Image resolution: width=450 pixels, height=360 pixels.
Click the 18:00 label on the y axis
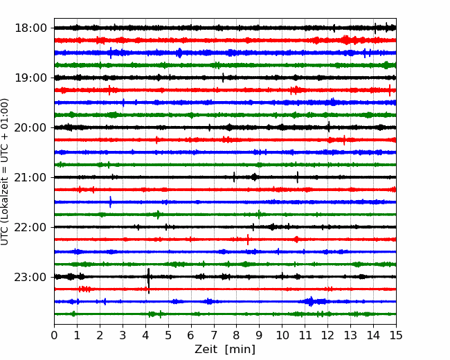30,28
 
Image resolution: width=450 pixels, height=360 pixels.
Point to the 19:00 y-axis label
30,78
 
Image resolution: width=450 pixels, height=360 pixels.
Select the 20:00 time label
30,127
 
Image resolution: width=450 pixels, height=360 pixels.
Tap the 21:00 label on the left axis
30,177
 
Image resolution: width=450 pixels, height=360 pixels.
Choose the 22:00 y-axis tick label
30,227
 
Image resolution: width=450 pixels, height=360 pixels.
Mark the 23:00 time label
30,277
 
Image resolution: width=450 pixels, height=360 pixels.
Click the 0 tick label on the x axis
54,335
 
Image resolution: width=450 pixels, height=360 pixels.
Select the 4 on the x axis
145,335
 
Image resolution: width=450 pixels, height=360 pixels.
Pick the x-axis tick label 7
214,335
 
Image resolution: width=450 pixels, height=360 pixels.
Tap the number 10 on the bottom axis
282,335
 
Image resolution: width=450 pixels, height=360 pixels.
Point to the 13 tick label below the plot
351,335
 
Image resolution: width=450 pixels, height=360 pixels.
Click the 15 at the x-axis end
396,335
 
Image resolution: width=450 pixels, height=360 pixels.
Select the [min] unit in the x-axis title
240,350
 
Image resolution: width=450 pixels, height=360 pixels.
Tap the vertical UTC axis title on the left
5,172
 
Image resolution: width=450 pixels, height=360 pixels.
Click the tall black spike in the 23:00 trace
148,280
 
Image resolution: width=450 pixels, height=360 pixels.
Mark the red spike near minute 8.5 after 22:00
248,240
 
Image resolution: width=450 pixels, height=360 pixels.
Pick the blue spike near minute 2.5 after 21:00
111,202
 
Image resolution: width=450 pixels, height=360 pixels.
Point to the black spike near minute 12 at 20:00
329,127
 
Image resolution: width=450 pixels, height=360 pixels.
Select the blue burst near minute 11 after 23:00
311,301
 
